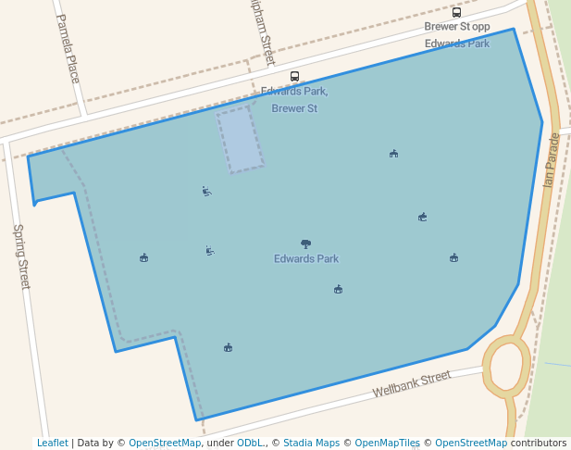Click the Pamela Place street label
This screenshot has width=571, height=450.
(x=68, y=48)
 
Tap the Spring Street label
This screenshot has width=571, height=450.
(x=20, y=256)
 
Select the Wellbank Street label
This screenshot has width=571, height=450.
(x=412, y=383)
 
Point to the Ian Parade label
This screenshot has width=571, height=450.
(x=552, y=160)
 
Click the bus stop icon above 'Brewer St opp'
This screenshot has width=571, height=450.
(x=456, y=12)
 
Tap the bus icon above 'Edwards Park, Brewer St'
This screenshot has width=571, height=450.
(x=294, y=76)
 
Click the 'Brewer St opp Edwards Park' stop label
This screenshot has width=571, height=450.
(x=456, y=34)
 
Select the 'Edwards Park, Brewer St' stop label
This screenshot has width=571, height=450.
(x=294, y=100)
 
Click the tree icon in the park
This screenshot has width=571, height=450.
(x=305, y=244)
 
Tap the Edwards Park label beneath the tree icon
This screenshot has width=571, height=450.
(x=305, y=259)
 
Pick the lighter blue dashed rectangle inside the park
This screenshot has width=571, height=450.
(x=241, y=140)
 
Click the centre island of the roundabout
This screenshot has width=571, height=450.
(x=505, y=366)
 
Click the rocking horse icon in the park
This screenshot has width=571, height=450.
(x=422, y=217)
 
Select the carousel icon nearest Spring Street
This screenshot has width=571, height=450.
(x=143, y=257)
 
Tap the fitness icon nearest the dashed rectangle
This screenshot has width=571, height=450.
(x=206, y=192)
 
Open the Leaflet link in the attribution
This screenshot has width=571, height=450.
(x=52, y=444)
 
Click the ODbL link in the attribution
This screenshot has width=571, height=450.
(x=249, y=444)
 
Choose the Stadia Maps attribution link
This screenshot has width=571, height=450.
(x=311, y=444)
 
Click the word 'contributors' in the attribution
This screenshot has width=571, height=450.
(x=539, y=444)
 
